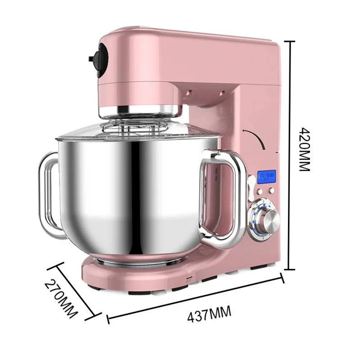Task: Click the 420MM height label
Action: pyautogui.click(x=305, y=150)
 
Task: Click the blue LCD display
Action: pyautogui.click(x=266, y=176)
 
